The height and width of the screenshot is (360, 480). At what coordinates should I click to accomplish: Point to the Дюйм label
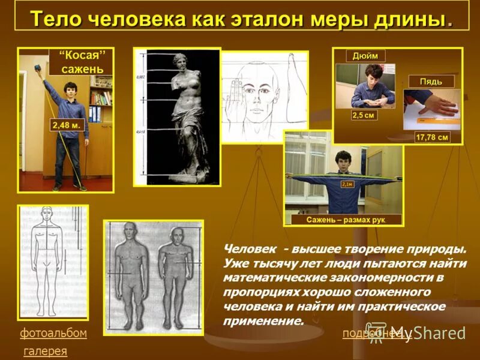coord(365,55)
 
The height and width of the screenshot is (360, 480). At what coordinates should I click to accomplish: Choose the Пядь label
coord(431,81)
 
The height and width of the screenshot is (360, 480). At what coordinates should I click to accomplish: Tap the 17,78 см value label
coord(432,137)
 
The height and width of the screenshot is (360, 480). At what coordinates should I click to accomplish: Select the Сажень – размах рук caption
coord(345,220)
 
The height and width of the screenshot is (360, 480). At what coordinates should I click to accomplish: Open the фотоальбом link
coord(53,333)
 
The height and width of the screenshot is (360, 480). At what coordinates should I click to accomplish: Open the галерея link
coord(45,351)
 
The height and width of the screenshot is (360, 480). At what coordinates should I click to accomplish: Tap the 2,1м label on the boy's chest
coord(346,184)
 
